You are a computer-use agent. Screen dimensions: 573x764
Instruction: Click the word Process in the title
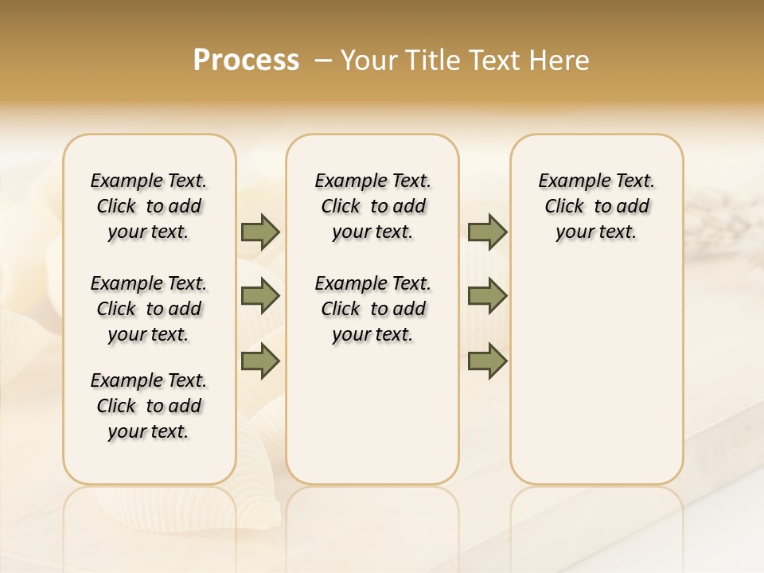coord(246,60)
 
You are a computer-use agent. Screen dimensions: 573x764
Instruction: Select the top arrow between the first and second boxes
coord(260,232)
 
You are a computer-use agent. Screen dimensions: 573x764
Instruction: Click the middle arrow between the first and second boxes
coord(260,296)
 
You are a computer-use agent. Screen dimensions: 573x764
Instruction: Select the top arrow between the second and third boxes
coord(487,232)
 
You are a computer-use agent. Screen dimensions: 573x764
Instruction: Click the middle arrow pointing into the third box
coord(487,296)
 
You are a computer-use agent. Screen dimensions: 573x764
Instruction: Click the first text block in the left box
coord(149,206)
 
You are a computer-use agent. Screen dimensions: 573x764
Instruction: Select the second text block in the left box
coord(149,309)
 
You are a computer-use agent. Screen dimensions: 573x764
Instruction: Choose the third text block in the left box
coord(149,406)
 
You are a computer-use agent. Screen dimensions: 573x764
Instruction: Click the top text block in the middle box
coord(372,206)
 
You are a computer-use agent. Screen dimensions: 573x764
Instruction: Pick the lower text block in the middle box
coord(372,309)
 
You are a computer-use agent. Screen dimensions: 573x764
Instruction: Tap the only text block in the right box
coord(596,206)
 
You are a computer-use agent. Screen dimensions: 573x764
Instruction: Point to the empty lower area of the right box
coord(596,374)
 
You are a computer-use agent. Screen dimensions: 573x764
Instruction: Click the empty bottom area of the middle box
coord(372,422)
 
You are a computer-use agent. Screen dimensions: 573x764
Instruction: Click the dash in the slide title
coord(323,60)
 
